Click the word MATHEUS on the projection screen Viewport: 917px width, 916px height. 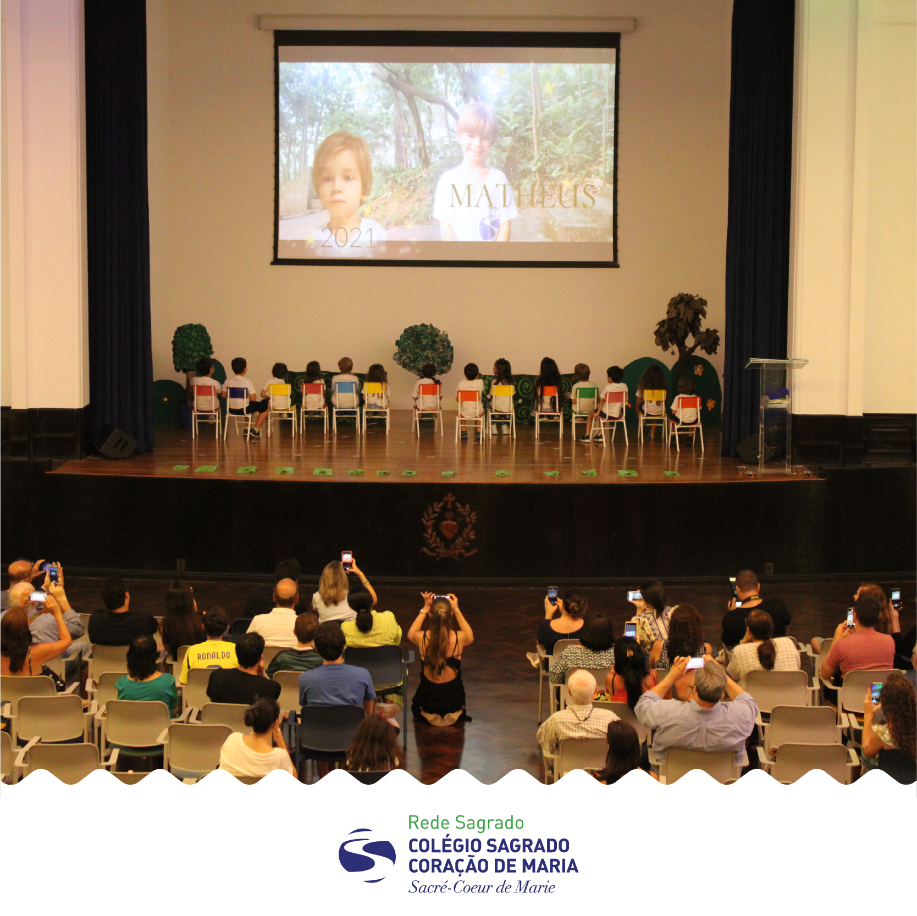click(x=523, y=196)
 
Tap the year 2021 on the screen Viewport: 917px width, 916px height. click(x=348, y=238)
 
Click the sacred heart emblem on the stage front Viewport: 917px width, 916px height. click(x=449, y=526)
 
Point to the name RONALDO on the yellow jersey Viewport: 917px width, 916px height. click(x=213, y=656)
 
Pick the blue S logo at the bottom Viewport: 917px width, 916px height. click(x=367, y=855)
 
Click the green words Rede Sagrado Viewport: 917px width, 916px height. click(x=466, y=823)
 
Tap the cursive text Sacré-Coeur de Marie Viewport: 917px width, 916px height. click(x=482, y=887)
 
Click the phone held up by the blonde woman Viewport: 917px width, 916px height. click(x=346, y=560)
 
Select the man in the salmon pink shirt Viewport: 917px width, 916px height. click(x=859, y=643)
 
